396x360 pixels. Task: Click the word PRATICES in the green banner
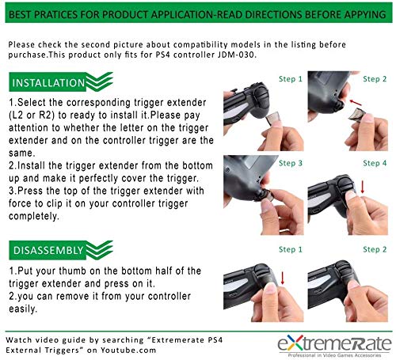coord(55,14)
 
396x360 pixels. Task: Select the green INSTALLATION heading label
coord(48,83)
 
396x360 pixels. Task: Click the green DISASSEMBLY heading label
coord(48,251)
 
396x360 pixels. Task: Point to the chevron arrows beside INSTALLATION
coord(99,81)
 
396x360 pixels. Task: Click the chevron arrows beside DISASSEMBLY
coord(99,249)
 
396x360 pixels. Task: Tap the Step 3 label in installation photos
coord(291,163)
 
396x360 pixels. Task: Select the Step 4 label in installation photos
coord(375,163)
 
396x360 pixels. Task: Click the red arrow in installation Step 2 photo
coord(355,103)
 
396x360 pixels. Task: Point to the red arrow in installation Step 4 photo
coord(363,187)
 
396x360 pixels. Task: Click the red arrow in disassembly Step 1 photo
coord(283,279)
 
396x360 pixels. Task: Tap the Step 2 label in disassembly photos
coord(375,249)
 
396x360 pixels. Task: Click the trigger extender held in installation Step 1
coord(272,118)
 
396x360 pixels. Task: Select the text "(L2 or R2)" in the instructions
coord(32,116)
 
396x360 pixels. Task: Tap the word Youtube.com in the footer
coord(128,351)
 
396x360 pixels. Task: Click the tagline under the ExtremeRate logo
coord(334,355)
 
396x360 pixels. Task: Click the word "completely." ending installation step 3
coord(34,216)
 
